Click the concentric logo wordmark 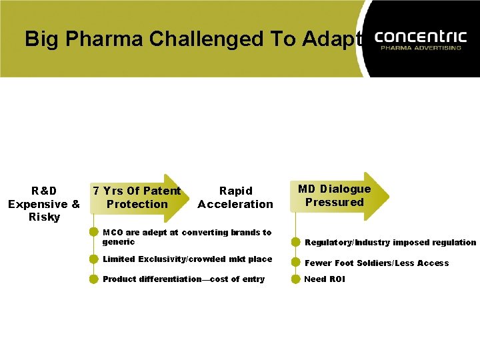point(422,36)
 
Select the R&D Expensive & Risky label point(44,204)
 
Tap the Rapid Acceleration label point(235,197)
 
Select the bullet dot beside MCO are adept point(94,233)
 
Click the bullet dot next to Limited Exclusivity point(94,259)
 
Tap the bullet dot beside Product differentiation point(94,279)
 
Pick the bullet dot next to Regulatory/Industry point(295,243)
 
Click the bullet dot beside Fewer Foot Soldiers point(295,263)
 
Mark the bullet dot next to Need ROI point(295,279)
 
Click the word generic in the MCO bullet point(119,242)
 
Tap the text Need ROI point(325,279)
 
